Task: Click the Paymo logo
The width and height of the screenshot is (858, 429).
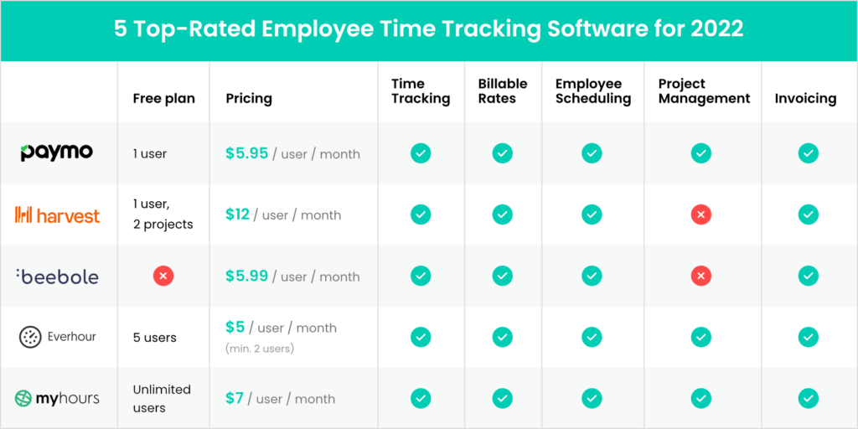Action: [x=57, y=152]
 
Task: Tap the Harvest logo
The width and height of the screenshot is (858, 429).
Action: [x=57, y=215]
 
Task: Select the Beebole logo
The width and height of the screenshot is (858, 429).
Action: [x=57, y=277]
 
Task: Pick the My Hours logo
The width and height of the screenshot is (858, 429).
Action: [x=57, y=398]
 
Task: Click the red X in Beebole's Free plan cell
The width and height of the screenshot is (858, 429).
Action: [x=163, y=277]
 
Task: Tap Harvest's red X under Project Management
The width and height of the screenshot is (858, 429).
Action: [x=701, y=215]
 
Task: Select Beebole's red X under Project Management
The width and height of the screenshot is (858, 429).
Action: [x=701, y=277]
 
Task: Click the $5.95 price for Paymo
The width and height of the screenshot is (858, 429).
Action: [x=246, y=153]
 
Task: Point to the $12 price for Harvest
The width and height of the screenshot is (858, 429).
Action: [x=237, y=214]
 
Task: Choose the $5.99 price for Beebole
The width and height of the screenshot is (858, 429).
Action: [x=246, y=276]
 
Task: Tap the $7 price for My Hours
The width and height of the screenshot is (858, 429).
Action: [x=234, y=398]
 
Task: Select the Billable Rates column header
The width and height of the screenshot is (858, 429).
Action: [x=503, y=90]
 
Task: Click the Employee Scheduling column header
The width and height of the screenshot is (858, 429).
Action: [x=592, y=90]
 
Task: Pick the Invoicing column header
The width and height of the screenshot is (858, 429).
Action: [x=805, y=98]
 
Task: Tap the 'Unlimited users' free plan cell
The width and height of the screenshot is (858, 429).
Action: [x=162, y=398]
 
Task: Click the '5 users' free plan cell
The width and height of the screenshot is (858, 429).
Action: [x=154, y=338]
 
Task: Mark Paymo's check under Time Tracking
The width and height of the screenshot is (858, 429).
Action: [x=421, y=153]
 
